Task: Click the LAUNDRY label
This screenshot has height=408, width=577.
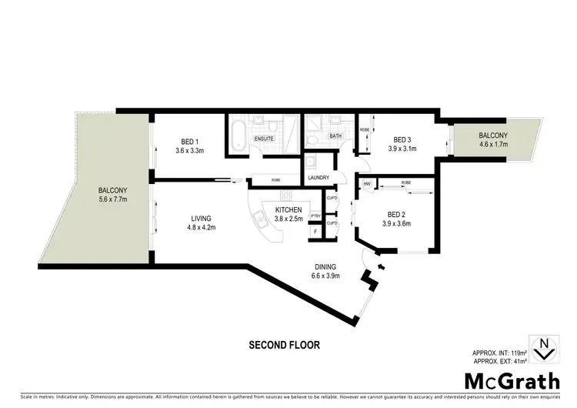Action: tap(318, 178)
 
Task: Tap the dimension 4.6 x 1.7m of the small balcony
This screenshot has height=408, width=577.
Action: tap(492, 144)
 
